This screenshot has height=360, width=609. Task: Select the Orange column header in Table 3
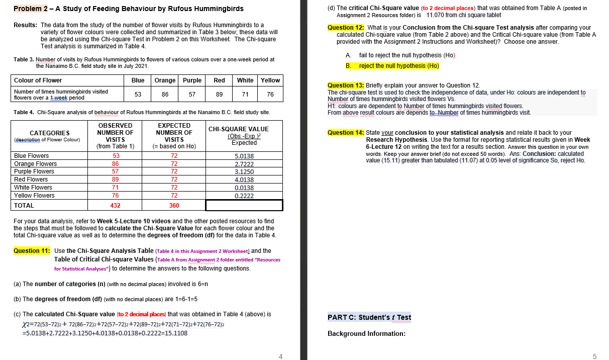point(165,80)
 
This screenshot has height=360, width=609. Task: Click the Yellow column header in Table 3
point(270,80)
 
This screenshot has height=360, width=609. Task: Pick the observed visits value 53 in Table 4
point(116,156)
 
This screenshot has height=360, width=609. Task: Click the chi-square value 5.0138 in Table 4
point(244,156)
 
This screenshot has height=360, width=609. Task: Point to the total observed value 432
point(116,206)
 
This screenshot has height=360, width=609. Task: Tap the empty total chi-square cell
point(244,205)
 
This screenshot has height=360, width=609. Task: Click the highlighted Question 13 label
point(346,85)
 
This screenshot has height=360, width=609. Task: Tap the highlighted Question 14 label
point(346,133)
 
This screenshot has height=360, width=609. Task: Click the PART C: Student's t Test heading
point(369,317)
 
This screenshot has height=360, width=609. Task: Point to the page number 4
point(281,356)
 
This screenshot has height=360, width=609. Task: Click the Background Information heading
point(366,333)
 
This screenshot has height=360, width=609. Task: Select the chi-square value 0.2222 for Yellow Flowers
point(244,196)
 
